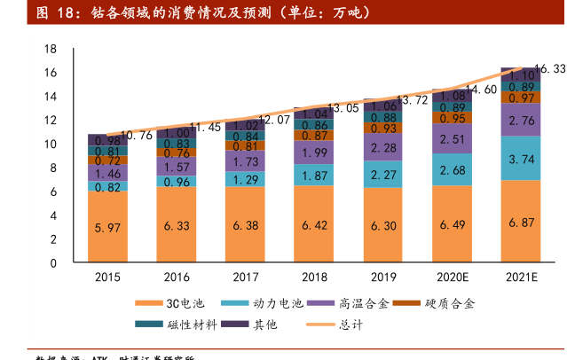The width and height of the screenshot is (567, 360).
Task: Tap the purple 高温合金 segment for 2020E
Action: tap(453, 139)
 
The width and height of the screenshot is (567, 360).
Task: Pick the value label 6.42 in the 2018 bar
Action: tap(315, 225)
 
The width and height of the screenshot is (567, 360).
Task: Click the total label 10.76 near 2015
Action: tap(136, 136)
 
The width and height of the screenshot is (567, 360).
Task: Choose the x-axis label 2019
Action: tap(383, 277)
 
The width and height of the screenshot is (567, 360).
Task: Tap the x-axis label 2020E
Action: tap(453, 277)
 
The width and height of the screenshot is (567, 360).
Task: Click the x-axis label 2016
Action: tap(177, 277)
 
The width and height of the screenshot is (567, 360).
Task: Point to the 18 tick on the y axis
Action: tap(51, 49)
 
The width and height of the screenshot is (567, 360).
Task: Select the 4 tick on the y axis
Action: tap(53, 215)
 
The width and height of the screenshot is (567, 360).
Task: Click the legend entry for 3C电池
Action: tap(177, 304)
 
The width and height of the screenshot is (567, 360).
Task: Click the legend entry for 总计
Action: tap(338, 325)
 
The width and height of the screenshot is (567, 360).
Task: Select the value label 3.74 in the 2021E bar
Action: tap(522, 159)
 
